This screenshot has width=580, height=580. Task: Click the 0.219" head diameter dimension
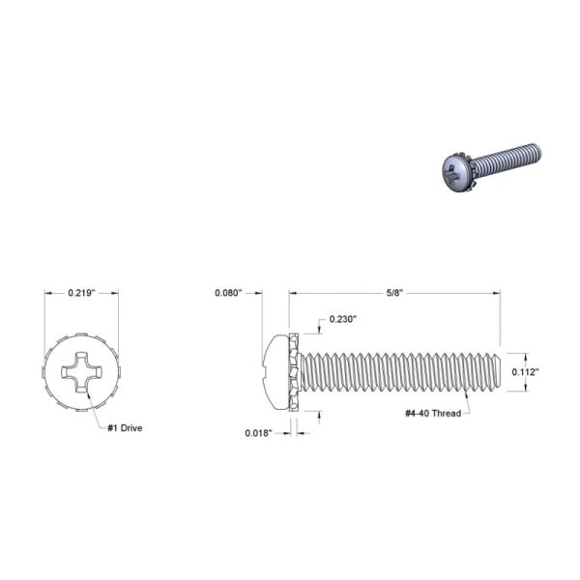point(81,293)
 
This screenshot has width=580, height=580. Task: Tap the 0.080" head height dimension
point(228,293)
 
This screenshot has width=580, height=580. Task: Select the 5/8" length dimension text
point(394,293)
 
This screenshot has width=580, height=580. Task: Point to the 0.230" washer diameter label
point(343,319)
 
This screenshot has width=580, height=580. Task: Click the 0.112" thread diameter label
point(525,372)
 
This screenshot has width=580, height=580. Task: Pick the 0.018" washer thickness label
point(258,433)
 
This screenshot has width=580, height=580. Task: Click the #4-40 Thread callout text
point(433,413)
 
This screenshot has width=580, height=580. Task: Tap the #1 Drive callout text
point(125,428)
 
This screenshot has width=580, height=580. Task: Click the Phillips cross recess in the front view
point(81,372)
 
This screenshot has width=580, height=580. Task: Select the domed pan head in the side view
point(275,372)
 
